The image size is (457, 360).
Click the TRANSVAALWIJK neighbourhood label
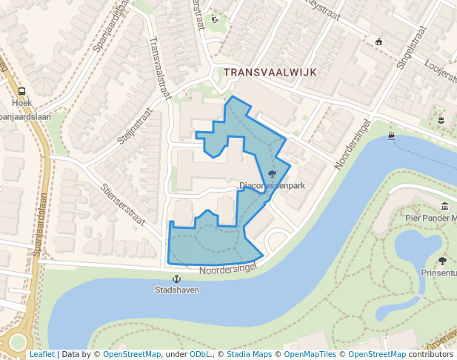tap(270, 73)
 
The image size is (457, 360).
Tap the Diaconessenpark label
tap(273, 185)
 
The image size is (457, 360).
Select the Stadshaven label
tap(177, 290)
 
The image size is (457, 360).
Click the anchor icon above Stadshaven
tap(177, 279)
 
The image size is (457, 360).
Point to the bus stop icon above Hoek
tap(21, 92)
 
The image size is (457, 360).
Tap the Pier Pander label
tap(430, 218)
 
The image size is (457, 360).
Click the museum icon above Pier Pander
tap(444, 207)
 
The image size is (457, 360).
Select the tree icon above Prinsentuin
tap(442, 261)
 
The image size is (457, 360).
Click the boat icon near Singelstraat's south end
tap(391, 136)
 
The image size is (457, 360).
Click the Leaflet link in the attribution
tap(41, 355)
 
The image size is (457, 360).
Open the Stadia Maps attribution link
tap(249, 355)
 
